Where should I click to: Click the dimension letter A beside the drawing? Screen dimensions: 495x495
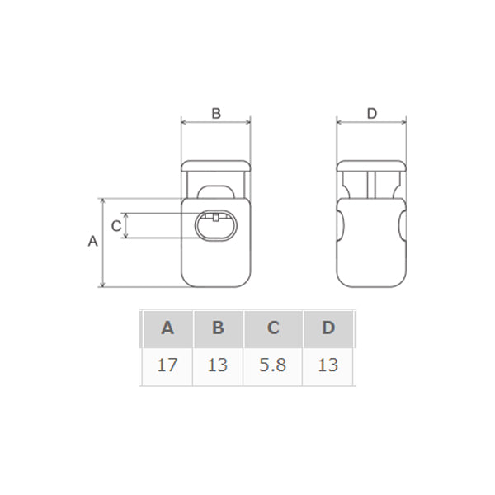click(x=92, y=241)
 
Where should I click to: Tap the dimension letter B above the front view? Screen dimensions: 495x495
click(x=216, y=113)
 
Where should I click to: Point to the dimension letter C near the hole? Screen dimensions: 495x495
click(x=116, y=226)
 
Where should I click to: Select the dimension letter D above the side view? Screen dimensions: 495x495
click(x=372, y=113)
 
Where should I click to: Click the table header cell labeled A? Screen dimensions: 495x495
click(x=167, y=328)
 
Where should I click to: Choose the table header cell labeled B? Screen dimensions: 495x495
click(x=218, y=328)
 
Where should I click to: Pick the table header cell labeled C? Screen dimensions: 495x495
click(x=273, y=328)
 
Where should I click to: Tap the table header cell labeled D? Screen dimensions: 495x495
click(x=328, y=328)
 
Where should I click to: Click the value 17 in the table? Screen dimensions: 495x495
click(x=167, y=365)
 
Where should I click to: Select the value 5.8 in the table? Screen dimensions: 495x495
click(x=273, y=365)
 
